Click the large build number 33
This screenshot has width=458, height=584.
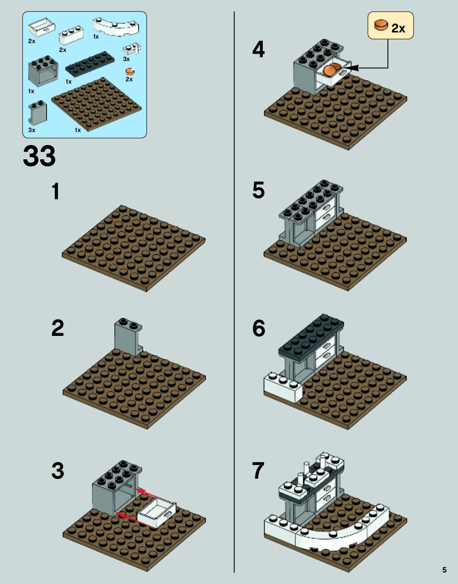tap(39, 156)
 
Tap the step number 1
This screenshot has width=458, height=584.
tap(56, 191)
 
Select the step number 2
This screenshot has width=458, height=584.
tap(58, 328)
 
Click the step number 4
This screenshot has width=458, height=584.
tap(259, 49)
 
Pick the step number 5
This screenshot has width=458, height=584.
tap(259, 190)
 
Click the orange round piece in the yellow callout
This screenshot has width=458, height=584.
tap(381, 25)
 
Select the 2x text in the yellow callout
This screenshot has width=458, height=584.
tap(398, 28)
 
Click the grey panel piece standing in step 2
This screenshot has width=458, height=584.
tap(128, 337)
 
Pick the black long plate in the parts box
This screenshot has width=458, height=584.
tap(90, 64)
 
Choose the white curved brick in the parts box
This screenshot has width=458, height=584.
tap(116, 27)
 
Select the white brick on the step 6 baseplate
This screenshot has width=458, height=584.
tap(283, 387)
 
